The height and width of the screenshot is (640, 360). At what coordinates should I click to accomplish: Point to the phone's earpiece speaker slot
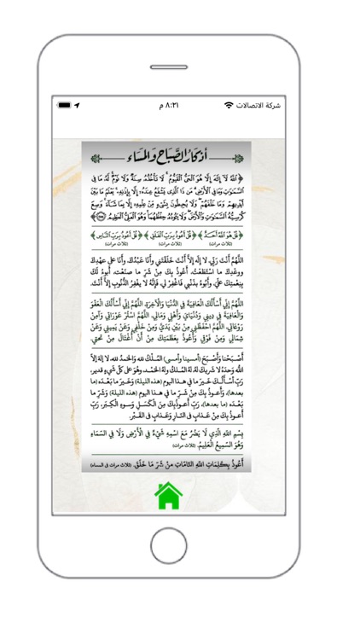coord(179,57)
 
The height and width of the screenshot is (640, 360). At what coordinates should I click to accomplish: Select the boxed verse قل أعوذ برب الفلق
coord(177,231)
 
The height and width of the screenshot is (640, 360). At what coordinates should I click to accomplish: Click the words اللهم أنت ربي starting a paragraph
coord(251,259)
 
